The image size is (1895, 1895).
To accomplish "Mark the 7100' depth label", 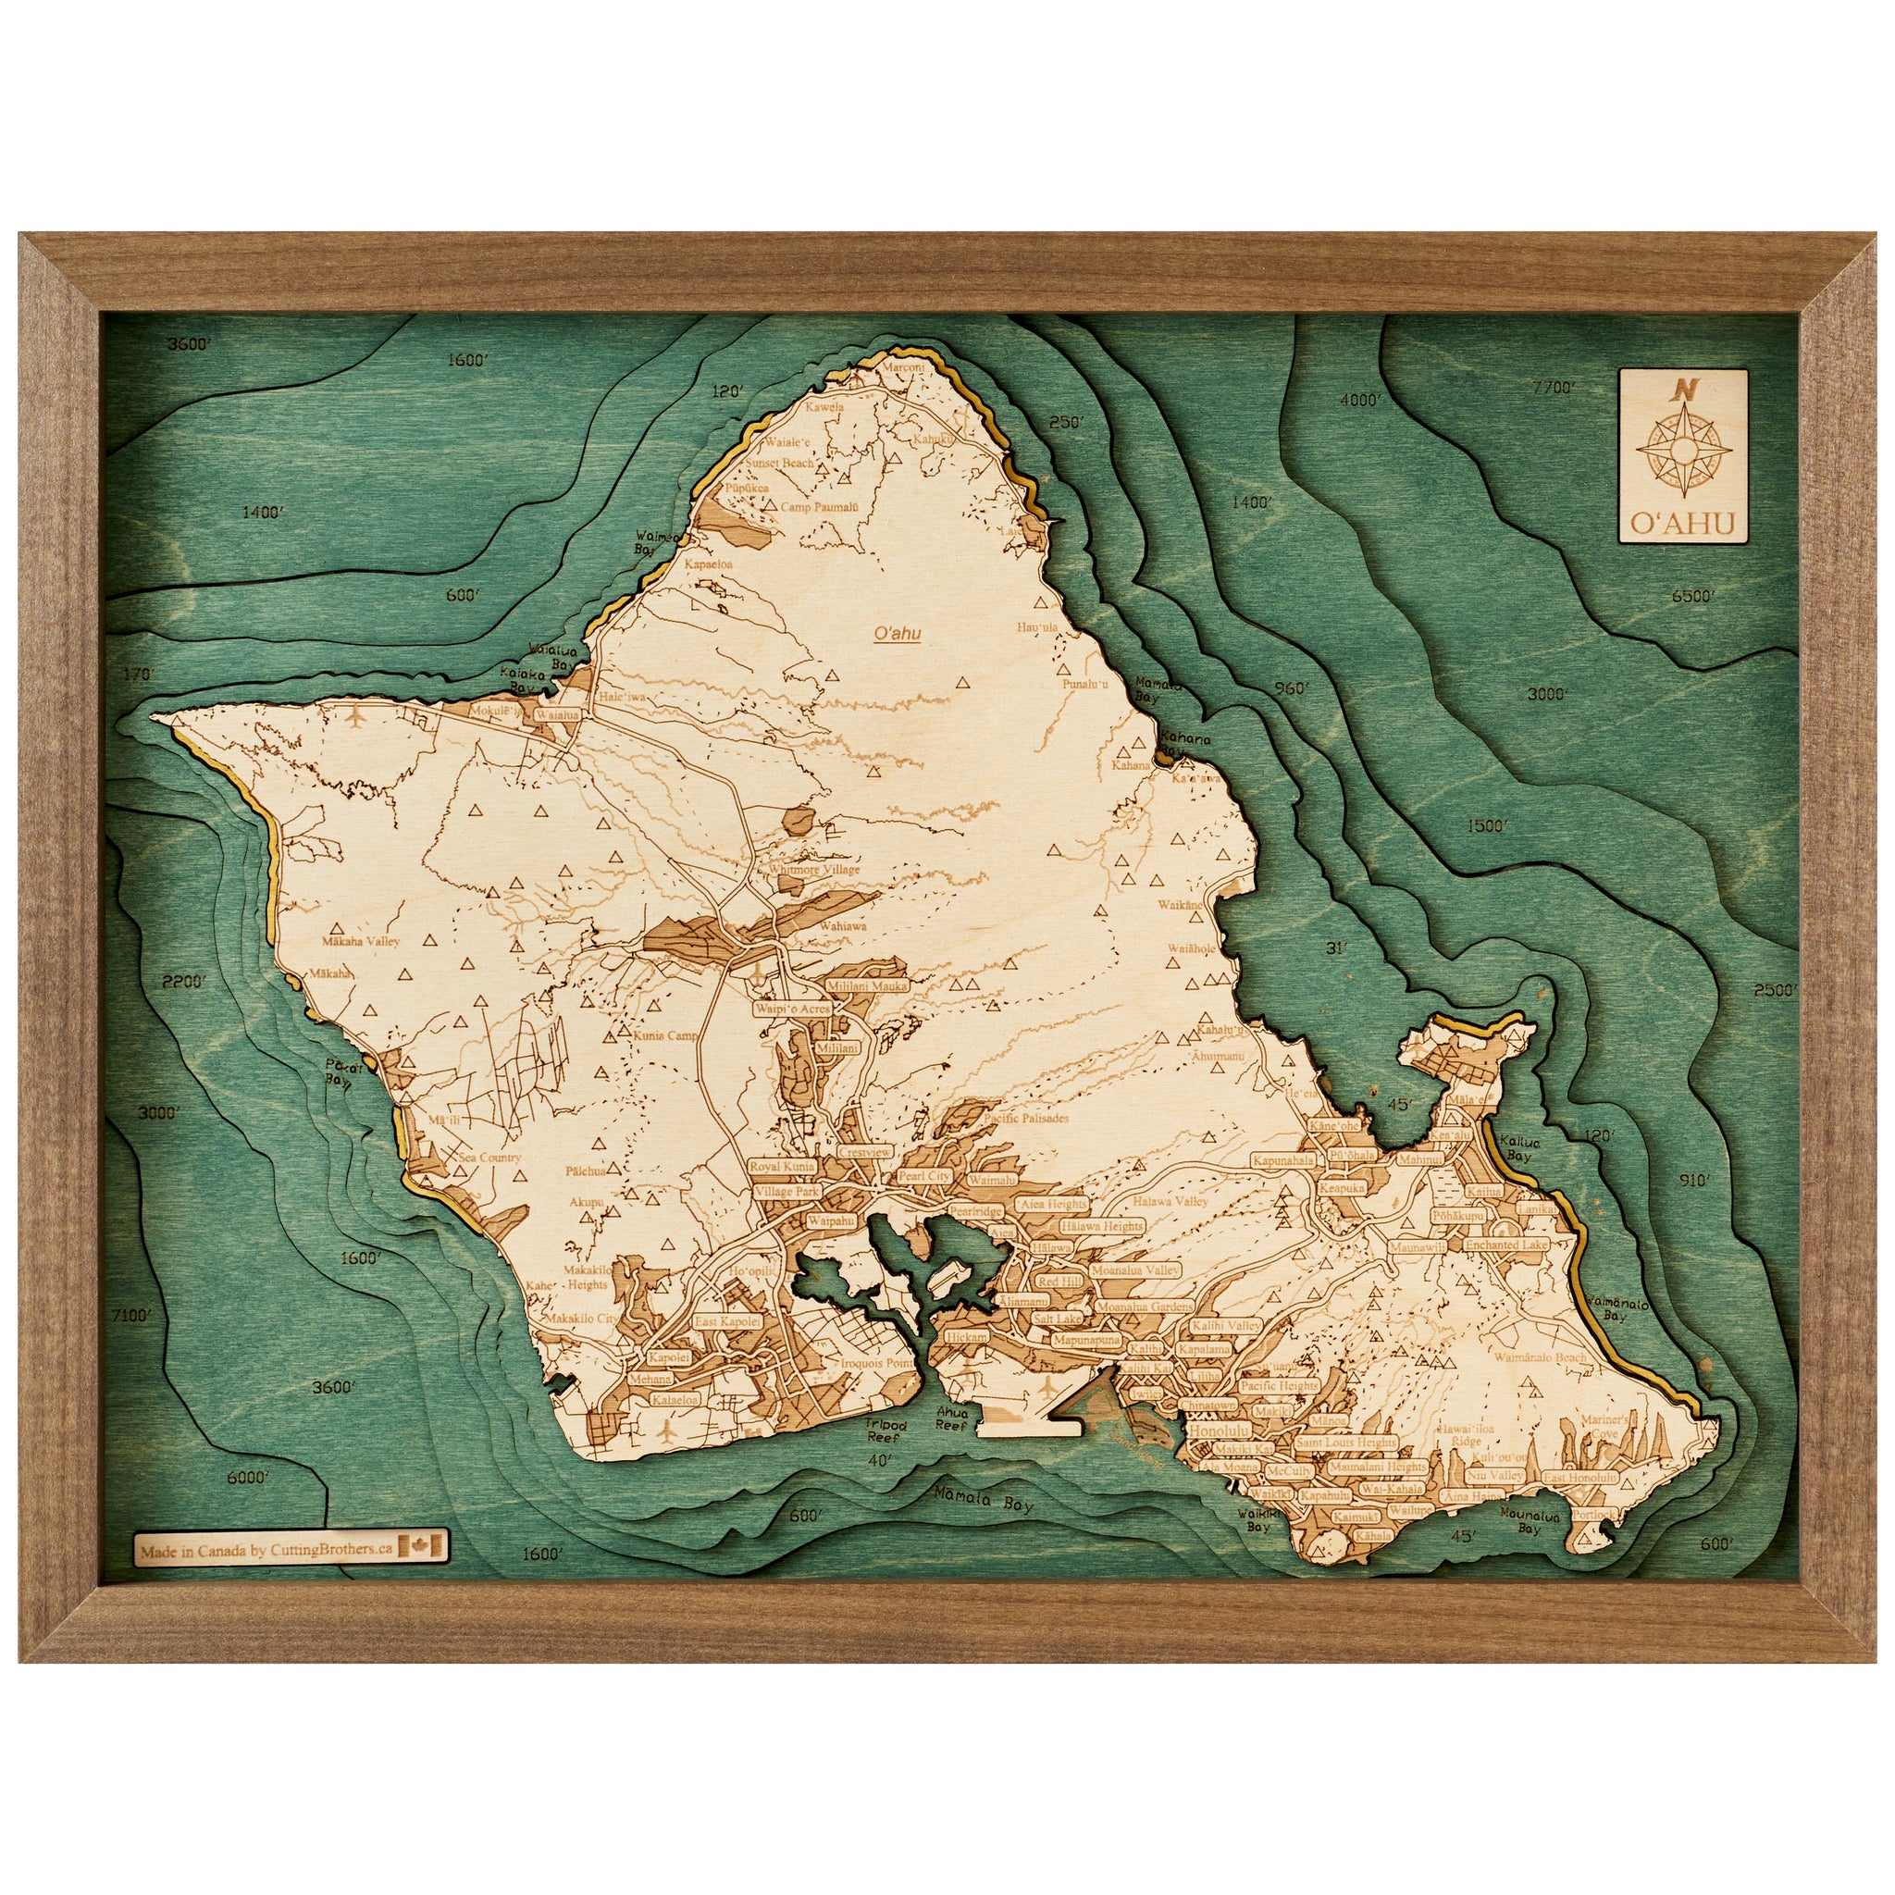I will point(132,1316).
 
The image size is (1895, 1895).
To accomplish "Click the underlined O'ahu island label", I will point(897,635).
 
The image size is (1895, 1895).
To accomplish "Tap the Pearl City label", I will point(924,1176).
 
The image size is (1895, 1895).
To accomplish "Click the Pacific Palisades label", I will point(1026,1118).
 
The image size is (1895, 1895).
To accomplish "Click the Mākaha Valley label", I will point(360,942).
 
